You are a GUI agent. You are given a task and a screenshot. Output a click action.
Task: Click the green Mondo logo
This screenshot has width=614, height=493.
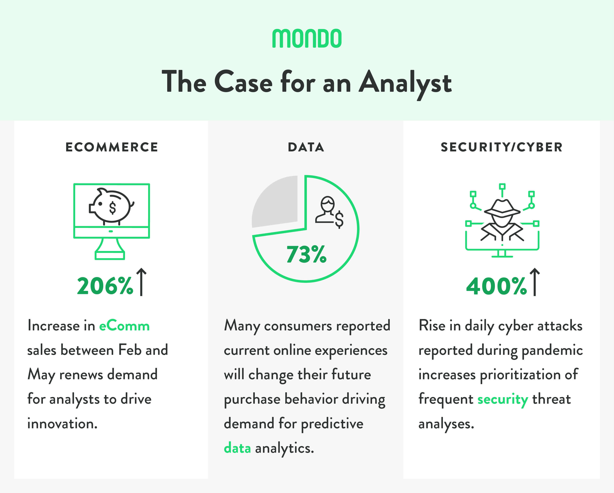pyautogui.click(x=307, y=38)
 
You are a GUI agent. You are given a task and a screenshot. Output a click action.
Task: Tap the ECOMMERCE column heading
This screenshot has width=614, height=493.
pyautogui.click(x=112, y=147)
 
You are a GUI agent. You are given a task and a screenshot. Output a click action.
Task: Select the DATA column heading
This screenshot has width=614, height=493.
pyautogui.click(x=306, y=147)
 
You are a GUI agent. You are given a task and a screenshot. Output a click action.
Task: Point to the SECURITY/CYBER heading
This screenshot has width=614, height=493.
pyautogui.click(x=502, y=147)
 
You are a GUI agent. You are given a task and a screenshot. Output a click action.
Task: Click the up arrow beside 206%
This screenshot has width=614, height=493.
pyautogui.click(x=141, y=282)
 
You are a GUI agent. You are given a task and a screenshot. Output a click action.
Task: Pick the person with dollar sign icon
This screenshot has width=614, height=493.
pyautogui.click(x=330, y=212)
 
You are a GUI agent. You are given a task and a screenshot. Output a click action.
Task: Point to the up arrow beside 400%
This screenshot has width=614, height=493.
pyautogui.click(x=535, y=282)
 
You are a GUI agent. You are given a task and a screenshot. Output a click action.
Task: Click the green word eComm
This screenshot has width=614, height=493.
pyautogui.click(x=124, y=326)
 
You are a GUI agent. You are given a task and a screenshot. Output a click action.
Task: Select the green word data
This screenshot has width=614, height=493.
pyautogui.click(x=237, y=448)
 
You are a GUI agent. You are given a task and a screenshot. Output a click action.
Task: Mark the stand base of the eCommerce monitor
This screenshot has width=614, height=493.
pyautogui.click(x=110, y=255)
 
